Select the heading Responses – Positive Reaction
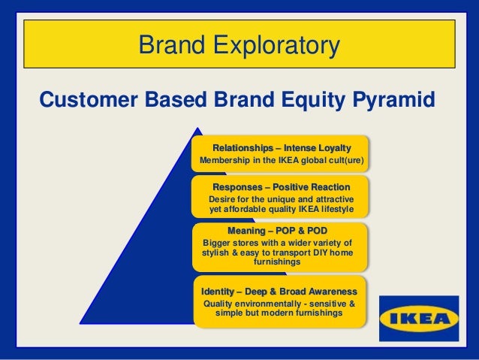(281, 186)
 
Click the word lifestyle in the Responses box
(332, 209)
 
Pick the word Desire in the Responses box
(224, 198)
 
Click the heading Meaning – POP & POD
(278, 230)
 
